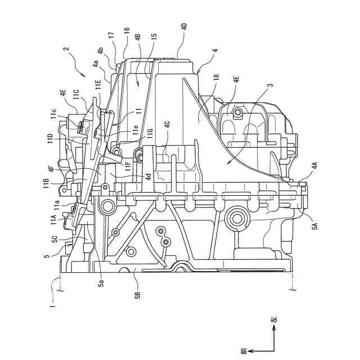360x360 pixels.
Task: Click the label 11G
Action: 151,132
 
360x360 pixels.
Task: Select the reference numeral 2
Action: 66,49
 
